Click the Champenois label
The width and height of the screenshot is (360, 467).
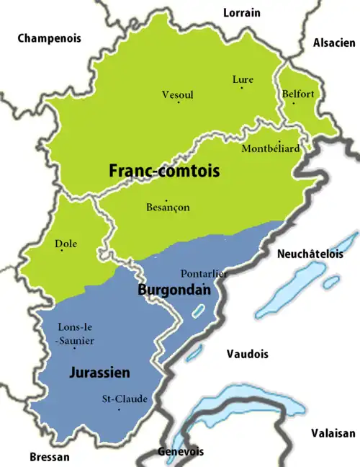click(49, 38)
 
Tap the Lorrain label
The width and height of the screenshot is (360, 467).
click(242, 13)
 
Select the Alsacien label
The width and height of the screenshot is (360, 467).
click(334, 43)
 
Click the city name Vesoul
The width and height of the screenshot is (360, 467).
click(177, 94)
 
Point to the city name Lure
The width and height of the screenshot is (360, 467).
click(241, 79)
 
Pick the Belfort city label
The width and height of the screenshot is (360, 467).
click(299, 94)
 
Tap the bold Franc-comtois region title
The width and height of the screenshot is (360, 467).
click(163, 172)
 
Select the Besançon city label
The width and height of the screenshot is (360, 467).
click(168, 208)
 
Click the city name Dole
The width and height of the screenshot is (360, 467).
click(66, 244)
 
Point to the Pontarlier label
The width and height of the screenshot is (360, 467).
click(203, 274)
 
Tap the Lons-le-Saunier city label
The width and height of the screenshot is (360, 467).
click(74, 334)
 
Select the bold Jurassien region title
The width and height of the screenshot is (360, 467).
click(99, 373)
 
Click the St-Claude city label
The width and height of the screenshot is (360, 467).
click(124, 399)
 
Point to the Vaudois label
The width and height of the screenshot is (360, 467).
click(247, 354)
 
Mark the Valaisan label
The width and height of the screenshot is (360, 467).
click(333, 433)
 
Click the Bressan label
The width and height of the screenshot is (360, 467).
click(50, 457)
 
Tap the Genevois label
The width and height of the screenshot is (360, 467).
click(177, 452)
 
